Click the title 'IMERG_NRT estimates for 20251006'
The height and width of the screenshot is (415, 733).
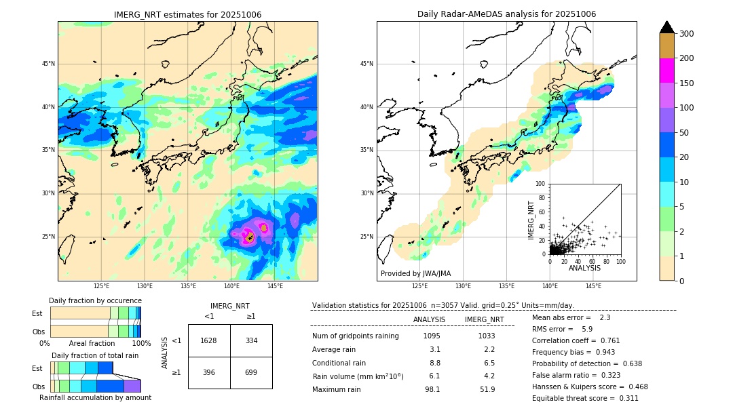(187, 14)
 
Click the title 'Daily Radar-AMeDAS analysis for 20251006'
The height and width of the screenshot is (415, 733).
(506, 14)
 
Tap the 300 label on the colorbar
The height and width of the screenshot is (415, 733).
(687, 33)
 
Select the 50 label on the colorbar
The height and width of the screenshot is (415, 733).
(685, 133)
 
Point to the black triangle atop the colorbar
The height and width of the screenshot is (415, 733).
(667, 27)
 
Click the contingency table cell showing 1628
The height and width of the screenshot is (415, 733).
(209, 340)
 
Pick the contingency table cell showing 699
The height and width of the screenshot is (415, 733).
(251, 372)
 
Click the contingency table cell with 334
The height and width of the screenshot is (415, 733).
(251, 340)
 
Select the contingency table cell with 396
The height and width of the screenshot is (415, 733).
(209, 372)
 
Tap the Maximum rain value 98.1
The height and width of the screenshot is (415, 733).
(432, 389)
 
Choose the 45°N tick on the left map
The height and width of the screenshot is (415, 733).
(48, 64)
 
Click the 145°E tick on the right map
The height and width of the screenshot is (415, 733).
(593, 286)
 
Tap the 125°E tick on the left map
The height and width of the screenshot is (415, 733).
(101, 286)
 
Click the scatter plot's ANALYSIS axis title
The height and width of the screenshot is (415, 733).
(584, 268)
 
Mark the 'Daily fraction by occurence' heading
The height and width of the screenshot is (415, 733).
(95, 300)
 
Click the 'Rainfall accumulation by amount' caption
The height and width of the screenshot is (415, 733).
(95, 397)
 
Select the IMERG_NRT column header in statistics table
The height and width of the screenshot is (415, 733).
(484, 319)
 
